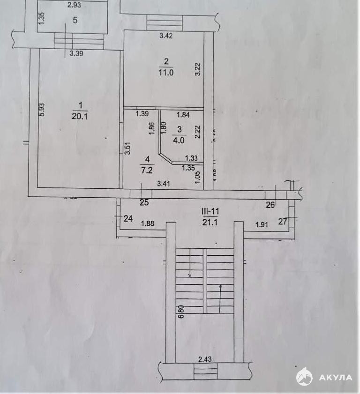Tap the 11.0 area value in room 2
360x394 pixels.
(166, 72)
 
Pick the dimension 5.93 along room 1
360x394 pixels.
(42, 109)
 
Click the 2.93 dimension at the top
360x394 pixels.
(74, 5)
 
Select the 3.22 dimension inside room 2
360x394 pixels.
(198, 69)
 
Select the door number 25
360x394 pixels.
(144, 203)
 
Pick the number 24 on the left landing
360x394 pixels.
(128, 218)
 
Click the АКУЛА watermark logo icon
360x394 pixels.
(304, 376)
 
